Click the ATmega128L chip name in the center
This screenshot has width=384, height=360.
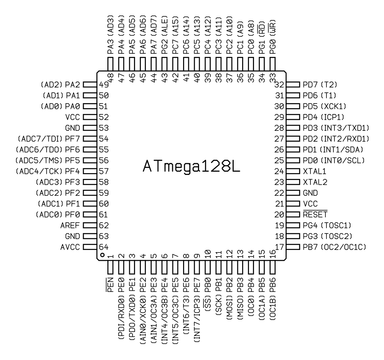[191, 167]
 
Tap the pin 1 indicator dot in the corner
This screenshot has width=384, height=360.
[102, 255]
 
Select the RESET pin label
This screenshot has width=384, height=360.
[315, 214]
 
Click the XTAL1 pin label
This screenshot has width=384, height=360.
[314, 171]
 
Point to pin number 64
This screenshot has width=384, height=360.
[104, 247]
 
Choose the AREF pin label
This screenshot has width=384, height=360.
[70, 226]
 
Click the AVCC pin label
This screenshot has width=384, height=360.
[70, 247]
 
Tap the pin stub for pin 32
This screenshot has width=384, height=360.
[293, 85]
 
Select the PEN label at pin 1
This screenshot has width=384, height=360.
[110, 285]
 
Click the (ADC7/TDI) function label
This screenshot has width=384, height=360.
[40, 139]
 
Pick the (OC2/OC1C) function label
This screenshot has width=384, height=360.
[343, 247]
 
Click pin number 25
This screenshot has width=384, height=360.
[279, 160]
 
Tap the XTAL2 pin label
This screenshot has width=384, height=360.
[315, 182]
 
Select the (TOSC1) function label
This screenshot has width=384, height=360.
[336, 226]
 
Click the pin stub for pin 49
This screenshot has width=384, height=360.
[90, 85]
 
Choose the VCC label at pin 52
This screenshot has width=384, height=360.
[72, 117]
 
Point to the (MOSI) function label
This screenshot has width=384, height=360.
[229, 308]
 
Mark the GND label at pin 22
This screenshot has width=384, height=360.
[310, 193]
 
